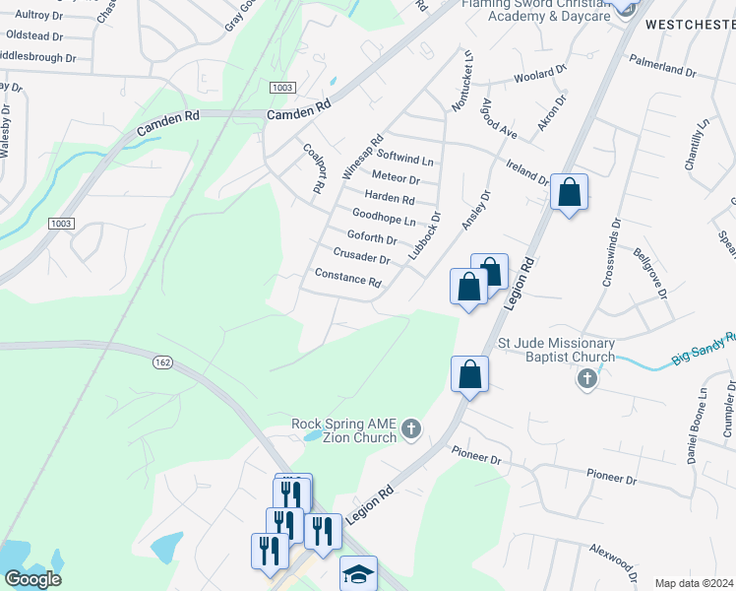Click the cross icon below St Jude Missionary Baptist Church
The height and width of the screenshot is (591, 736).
coord(586,378)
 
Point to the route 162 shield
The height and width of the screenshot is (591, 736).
coord(162,363)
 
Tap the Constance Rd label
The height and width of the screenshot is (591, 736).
coord(347,278)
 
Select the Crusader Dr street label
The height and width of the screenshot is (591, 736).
coord(361,255)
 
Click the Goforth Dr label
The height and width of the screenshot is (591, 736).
coord(372,237)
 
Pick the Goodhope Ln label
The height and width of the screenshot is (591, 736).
coord(384,217)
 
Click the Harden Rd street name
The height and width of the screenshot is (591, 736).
coord(390,198)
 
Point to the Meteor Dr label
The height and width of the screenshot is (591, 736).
coord(398,179)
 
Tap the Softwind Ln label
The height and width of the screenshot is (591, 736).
coord(405,159)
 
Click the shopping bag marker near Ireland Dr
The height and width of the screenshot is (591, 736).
coord(569,192)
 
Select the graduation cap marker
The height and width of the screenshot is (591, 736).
coord(358,573)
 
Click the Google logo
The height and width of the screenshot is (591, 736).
coord(32,579)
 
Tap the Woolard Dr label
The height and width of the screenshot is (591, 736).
coord(541,75)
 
